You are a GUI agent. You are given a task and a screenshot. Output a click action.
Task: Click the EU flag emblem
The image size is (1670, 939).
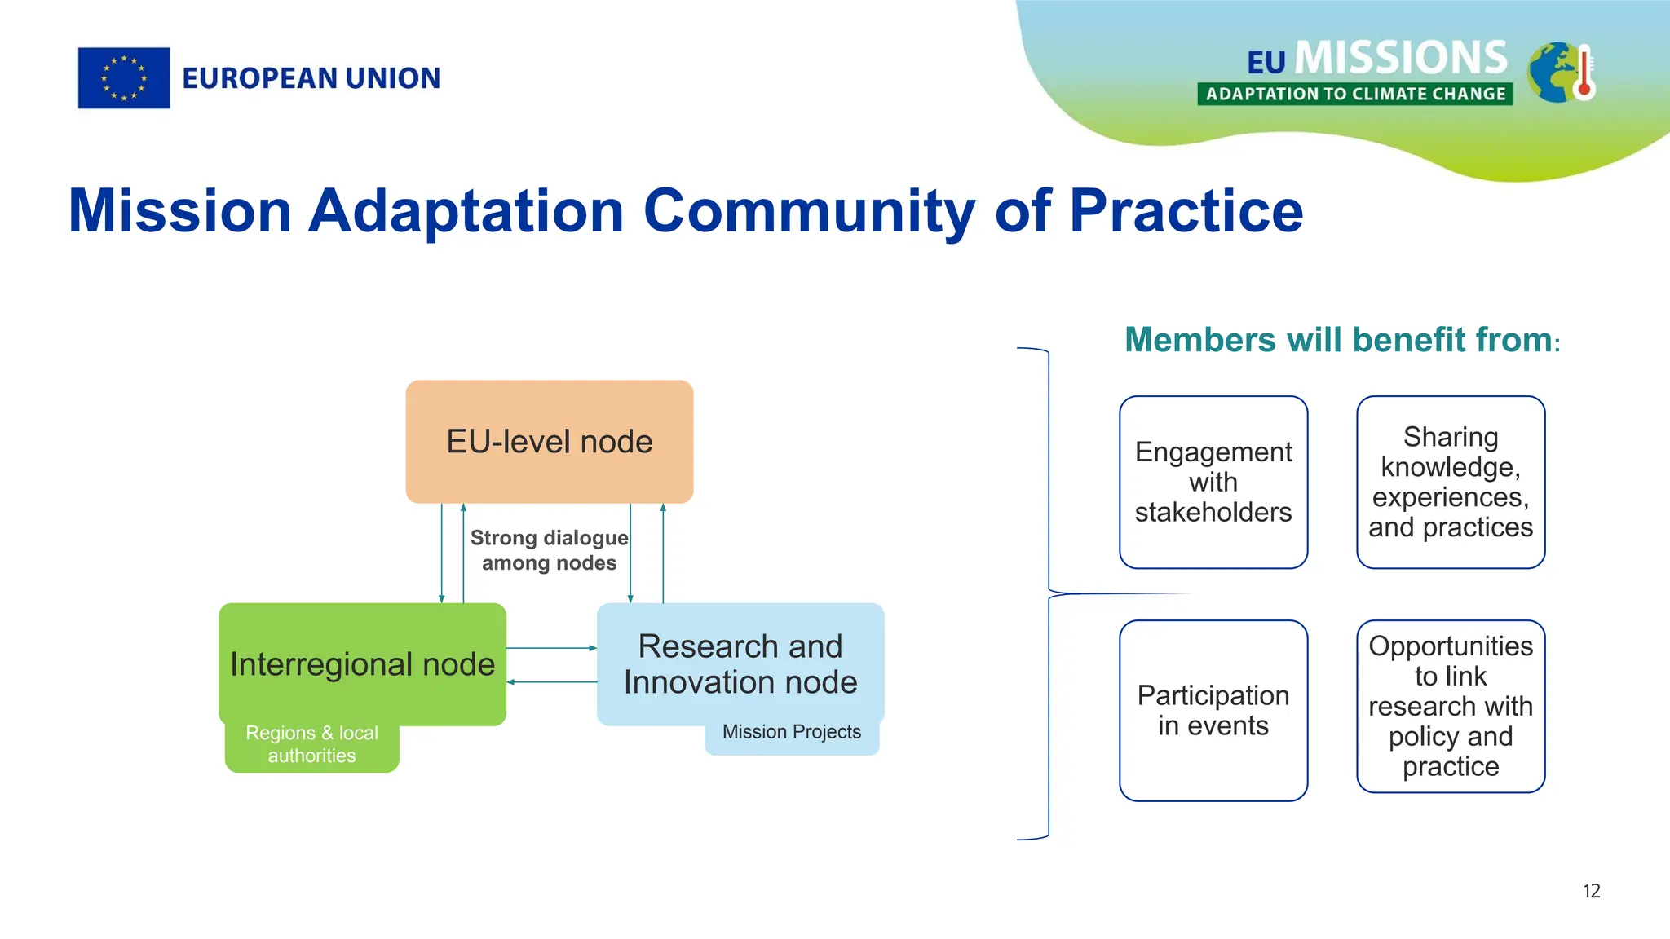pos(124,78)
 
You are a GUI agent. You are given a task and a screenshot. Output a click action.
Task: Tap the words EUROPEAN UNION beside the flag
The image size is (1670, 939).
pos(311,78)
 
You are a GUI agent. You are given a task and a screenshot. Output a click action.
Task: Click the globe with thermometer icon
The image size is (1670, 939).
pos(1561,73)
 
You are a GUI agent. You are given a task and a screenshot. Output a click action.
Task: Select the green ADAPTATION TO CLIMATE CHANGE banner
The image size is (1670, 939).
pos(1355,94)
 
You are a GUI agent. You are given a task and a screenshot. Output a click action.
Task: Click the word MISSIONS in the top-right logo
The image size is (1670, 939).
pos(1401,58)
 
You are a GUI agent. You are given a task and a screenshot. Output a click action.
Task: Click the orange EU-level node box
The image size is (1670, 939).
pos(550,441)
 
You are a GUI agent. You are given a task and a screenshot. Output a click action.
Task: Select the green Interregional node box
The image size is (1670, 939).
pos(362,663)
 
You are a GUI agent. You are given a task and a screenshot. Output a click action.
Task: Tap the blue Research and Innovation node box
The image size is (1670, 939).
pos(740,663)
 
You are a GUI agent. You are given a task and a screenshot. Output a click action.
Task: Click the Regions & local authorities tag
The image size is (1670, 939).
pos(311,745)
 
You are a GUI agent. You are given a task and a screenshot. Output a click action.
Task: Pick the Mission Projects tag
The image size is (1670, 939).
pos(791,733)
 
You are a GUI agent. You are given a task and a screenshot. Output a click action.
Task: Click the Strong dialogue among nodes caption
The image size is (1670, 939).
pos(549,550)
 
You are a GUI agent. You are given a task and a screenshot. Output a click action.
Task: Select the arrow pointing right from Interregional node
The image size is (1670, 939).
pos(551,648)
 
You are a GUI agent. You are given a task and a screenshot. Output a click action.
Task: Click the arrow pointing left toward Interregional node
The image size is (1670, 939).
pos(551,682)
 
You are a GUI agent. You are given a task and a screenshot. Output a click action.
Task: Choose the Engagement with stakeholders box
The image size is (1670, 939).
pos(1213,482)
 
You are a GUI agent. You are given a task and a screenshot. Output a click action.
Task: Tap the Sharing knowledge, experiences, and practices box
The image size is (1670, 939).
pos(1451,482)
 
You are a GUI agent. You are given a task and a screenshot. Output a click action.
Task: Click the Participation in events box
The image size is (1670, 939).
pos(1213,710)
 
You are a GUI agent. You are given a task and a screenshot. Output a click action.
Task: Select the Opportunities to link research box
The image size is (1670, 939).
pos(1451,706)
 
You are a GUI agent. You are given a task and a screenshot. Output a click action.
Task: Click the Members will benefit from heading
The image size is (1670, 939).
pos(1341,340)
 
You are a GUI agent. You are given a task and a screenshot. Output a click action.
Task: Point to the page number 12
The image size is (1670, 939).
pos(1592,891)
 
